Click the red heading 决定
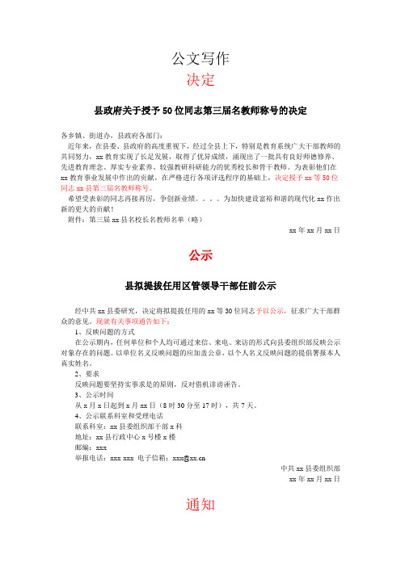[200, 80]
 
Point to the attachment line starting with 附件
[133, 218]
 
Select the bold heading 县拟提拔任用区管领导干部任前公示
[200, 286]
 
